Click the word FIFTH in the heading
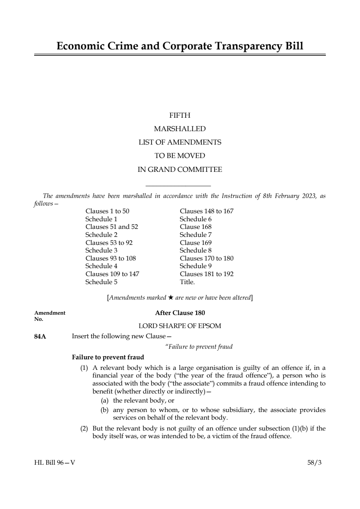(180, 116)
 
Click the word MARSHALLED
(180, 129)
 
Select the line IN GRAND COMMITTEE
(180, 170)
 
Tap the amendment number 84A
(40, 336)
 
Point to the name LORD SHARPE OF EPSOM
(180, 326)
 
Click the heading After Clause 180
(180, 313)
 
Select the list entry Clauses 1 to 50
(107, 211)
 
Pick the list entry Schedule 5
(101, 282)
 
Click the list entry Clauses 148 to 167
(206, 211)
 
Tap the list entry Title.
(187, 282)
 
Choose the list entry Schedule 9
(195, 266)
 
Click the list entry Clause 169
(195, 243)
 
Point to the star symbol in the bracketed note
(171, 298)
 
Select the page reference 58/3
(314, 462)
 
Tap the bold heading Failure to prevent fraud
(108, 357)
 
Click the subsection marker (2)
(84, 428)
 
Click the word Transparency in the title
(248, 46)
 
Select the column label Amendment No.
(50, 316)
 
